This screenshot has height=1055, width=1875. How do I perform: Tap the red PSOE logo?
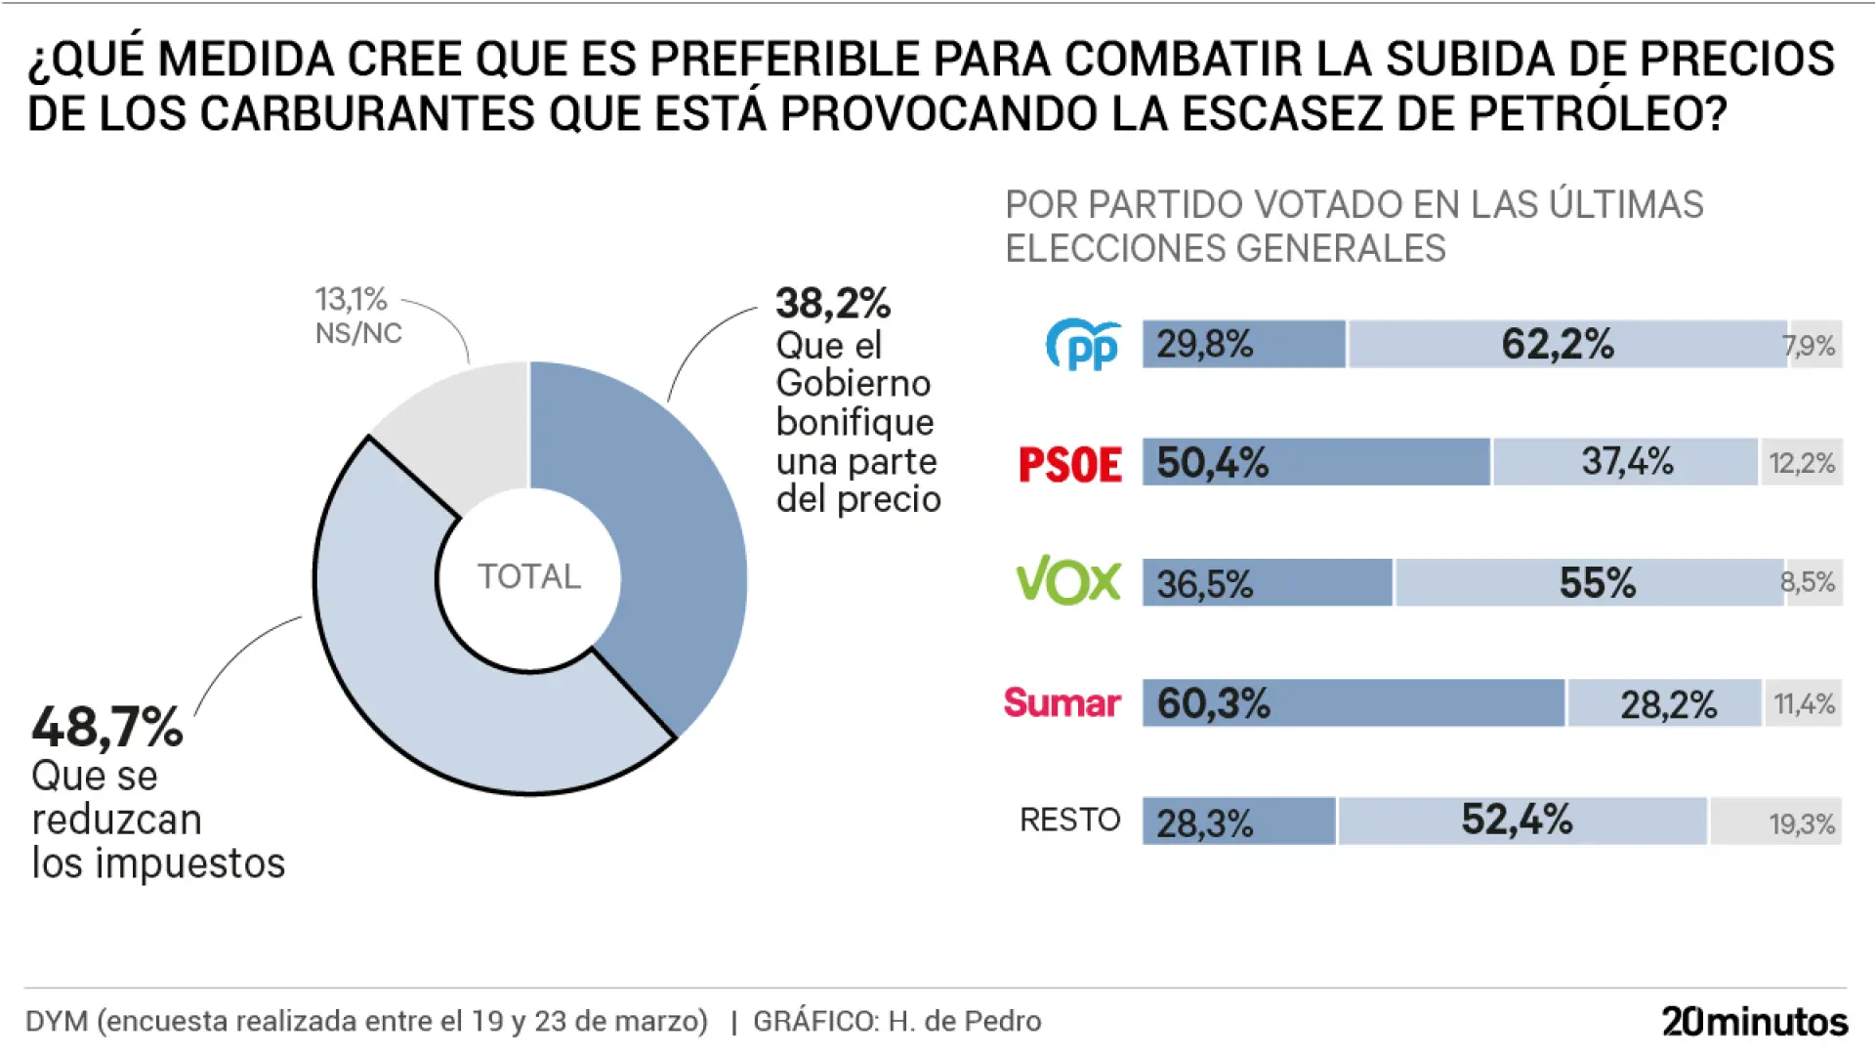click(x=1069, y=464)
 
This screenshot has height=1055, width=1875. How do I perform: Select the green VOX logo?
click(x=1068, y=581)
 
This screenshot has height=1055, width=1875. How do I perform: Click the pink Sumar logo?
click(x=1062, y=702)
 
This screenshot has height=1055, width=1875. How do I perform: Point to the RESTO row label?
click(x=1069, y=820)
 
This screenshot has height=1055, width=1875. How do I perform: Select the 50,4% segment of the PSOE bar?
click(x=1315, y=462)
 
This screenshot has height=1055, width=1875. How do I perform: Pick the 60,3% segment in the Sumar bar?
click(x=1353, y=702)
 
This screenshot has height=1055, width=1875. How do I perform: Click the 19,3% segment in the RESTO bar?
click(x=1775, y=822)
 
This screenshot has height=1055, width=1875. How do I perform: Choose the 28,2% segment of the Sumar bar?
click(x=1665, y=703)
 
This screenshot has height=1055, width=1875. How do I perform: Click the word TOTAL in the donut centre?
click(x=528, y=576)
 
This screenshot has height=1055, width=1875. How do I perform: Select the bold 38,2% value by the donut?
click(x=832, y=304)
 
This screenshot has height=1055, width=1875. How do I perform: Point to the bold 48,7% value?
click(x=107, y=728)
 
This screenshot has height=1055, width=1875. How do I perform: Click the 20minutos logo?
click(x=1754, y=1021)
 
